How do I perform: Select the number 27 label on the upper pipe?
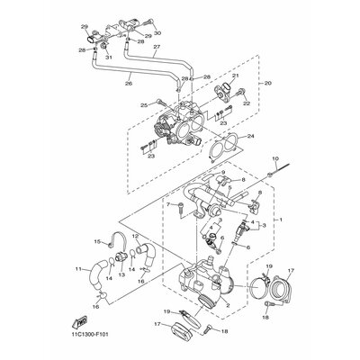tap(156, 48)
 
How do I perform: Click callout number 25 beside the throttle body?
tap(142, 104)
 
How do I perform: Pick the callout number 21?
tap(236, 76)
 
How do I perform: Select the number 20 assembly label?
tap(267, 83)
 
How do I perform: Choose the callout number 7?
tap(167, 205)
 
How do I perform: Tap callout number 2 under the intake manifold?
tap(227, 304)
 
